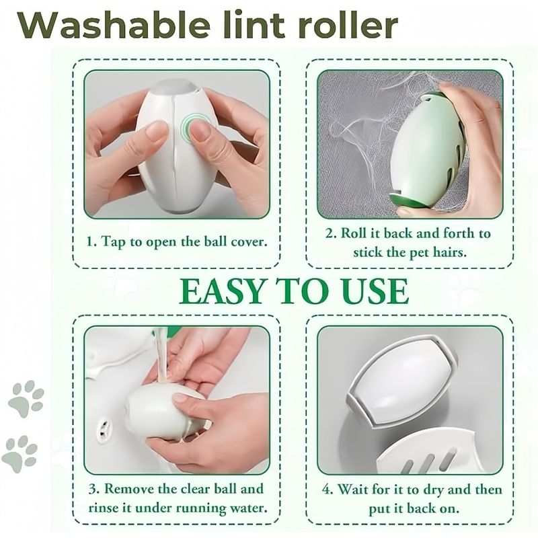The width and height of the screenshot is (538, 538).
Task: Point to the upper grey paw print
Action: click(26, 399)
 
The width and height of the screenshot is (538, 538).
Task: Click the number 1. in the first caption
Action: click(91, 241)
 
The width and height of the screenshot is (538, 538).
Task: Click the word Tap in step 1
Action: click(114, 242)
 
